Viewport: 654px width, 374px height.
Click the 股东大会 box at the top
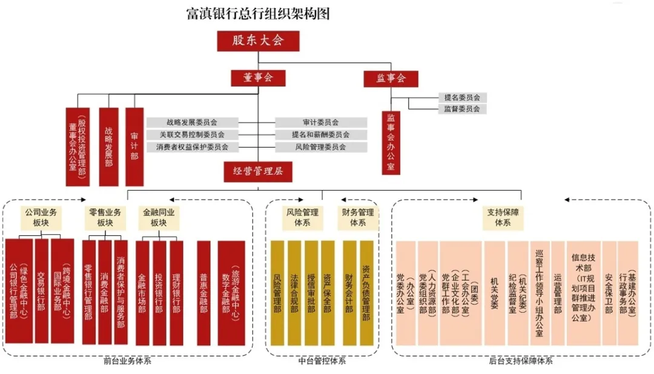click(x=258, y=41)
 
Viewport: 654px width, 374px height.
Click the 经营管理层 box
click(x=258, y=171)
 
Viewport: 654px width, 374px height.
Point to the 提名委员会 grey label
click(x=462, y=97)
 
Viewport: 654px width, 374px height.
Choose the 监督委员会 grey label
click(x=462, y=109)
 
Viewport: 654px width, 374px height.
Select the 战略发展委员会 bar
click(x=190, y=123)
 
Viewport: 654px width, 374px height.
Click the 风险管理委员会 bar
click(x=320, y=147)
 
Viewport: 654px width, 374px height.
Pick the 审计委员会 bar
click(x=320, y=123)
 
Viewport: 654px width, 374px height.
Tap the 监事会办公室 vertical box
click(x=391, y=143)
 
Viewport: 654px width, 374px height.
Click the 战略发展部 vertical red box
click(x=108, y=146)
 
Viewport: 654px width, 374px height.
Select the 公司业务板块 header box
click(x=41, y=217)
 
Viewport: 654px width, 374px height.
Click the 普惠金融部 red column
click(x=204, y=293)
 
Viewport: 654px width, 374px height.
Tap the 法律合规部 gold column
click(x=294, y=293)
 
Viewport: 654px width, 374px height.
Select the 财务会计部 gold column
click(x=349, y=293)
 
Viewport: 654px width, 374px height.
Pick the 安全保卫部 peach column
click(x=609, y=293)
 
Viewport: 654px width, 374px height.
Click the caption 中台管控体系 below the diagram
click(x=322, y=361)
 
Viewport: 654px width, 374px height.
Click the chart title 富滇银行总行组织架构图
click(x=258, y=14)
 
